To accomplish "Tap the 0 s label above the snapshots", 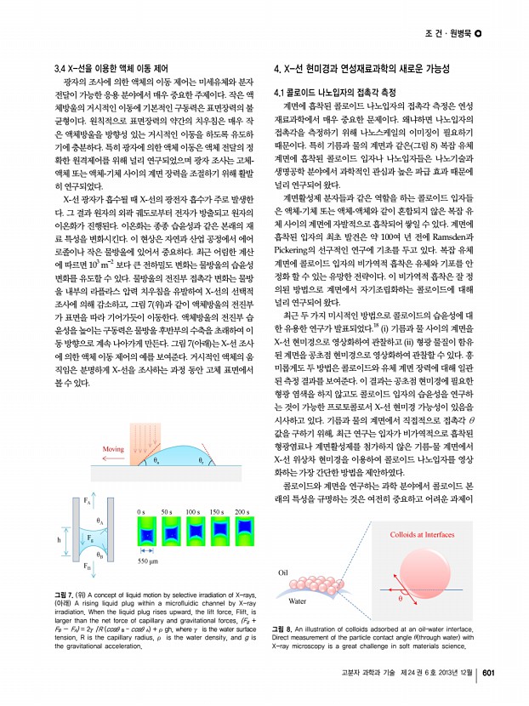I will (x=143, y=487).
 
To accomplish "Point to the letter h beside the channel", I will (x=59, y=538).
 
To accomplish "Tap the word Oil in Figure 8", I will (x=286, y=572).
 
